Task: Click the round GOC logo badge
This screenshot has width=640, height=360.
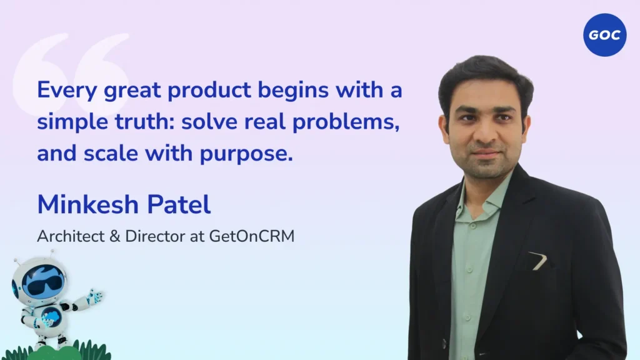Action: [604, 35]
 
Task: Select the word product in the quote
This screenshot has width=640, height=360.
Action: [209, 91]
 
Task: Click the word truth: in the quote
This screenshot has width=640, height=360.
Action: [145, 121]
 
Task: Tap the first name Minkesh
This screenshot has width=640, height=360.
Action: [89, 204]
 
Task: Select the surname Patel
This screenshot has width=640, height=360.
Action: [179, 204]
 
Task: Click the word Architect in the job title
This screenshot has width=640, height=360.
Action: [71, 236]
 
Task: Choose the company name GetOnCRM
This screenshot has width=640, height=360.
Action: [252, 236]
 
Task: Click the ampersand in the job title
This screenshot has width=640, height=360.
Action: [115, 236]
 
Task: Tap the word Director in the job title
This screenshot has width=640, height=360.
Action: [155, 236]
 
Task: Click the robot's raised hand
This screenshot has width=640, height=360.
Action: [96, 296]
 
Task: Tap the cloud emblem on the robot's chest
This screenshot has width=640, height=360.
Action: [52, 316]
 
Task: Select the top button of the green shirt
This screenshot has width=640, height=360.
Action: [472, 225]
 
